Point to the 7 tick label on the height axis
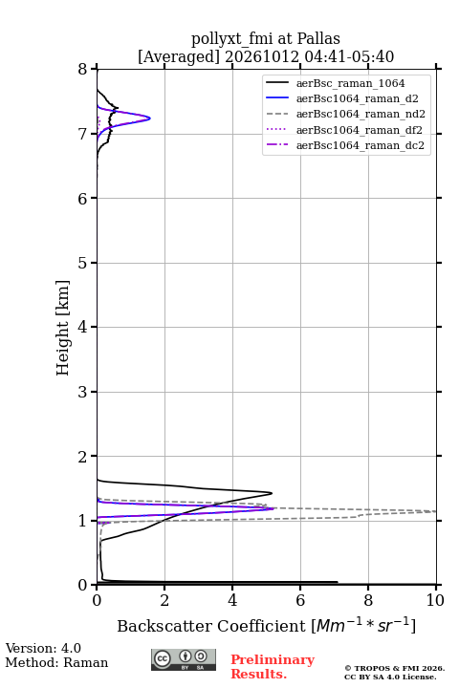pyautogui.click(x=82, y=134)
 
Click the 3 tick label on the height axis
pyautogui.click(x=82, y=392)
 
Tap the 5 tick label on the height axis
pyautogui.click(x=82, y=263)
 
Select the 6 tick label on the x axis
pyautogui.click(x=300, y=600)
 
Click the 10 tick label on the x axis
pyautogui.click(x=435, y=600)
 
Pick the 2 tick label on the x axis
pyautogui.click(x=164, y=600)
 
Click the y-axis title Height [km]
pyautogui.click(x=63, y=328)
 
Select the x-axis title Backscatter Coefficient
pyautogui.click(x=210, y=626)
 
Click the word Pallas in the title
pyautogui.click(x=318, y=39)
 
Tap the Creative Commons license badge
pyautogui.click(x=184, y=660)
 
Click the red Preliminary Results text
pyautogui.click(x=273, y=667)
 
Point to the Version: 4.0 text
pyautogui.click(x=43, y=648)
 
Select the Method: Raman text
pyautogui.click(x=56, y=662)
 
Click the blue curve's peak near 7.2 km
pyautogui.click(x=150, y=118)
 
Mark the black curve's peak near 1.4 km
pyautogui.click(x=272, y=493)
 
